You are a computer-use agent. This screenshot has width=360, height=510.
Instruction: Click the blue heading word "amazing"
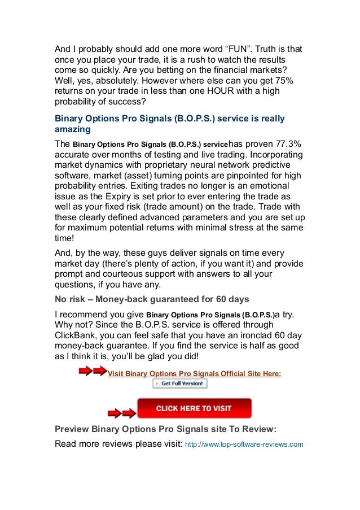click(69, 129)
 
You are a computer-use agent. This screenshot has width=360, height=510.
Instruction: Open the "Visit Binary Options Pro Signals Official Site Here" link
click(194, 373)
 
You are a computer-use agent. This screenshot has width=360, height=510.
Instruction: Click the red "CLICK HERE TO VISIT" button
click(194, 408)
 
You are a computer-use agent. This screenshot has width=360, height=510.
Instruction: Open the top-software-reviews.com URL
click(244, 444)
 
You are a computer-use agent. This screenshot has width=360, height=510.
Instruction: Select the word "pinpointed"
click(239, 176)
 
